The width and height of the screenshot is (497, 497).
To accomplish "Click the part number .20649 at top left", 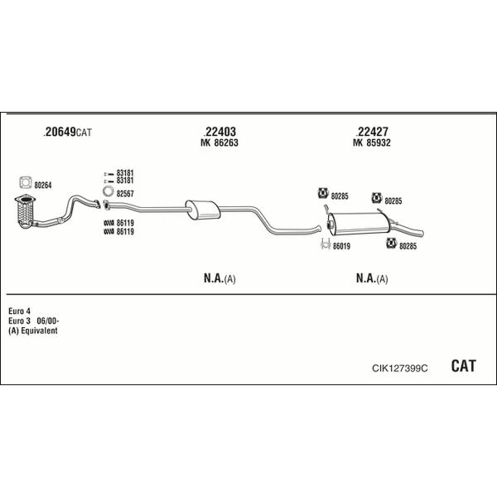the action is (x=60, y=132).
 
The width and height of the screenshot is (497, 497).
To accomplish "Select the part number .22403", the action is (x=220, y=131).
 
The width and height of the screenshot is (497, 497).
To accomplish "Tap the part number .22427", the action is (x=372, y=131).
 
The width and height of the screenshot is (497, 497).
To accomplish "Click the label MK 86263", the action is (x=220, y=142).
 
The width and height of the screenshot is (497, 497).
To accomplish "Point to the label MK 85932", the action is (x=372, y=142).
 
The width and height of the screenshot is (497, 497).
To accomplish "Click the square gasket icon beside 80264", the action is (x=26, y=182).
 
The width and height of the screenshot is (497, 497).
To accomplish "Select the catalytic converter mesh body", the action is (x=25, y=212).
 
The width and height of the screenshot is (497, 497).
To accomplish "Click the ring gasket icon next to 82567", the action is (x=109, y=191).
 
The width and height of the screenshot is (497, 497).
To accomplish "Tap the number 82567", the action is (x=125, y=194).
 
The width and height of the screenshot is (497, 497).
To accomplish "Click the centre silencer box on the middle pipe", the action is (x=203, y=210).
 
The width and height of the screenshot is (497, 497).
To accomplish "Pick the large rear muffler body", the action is (x=359, y=224).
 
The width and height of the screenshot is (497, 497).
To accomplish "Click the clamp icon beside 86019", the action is (x=326, y=244).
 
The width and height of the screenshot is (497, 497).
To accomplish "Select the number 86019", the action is (x=341, y=246).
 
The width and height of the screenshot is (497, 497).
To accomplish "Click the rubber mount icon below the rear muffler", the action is (x=392, y=244).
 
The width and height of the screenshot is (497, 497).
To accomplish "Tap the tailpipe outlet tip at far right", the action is (x=422, y=233).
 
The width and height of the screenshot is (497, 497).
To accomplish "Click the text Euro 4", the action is (x=19, y=311).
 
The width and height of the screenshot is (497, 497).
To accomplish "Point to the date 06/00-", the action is (x=48, y=321).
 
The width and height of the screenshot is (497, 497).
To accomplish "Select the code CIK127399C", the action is (x=400, y=369).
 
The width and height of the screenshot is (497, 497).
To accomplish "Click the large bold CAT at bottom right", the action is (x=463, y=366).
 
